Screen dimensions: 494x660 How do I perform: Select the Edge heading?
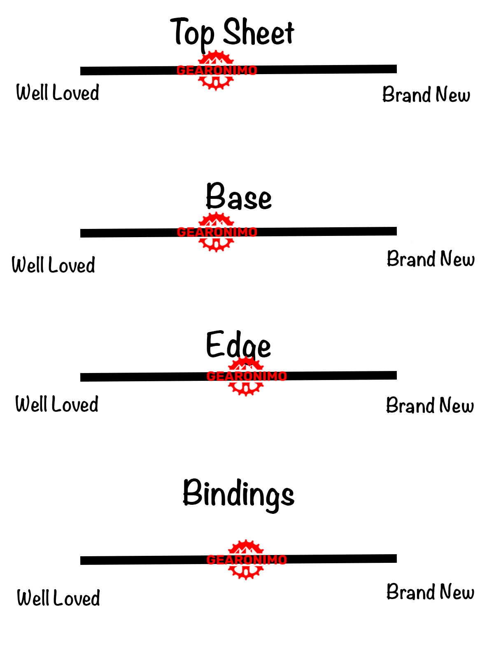238,345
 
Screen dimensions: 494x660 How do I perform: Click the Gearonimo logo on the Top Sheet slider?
217,70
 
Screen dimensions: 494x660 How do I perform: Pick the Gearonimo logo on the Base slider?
217,232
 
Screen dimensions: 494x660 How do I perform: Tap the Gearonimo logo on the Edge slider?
246,376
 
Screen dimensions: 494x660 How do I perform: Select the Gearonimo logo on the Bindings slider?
246,559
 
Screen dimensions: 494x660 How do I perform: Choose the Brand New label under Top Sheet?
426,94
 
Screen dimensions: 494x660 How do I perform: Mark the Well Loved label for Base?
53,265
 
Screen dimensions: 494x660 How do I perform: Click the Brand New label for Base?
431,259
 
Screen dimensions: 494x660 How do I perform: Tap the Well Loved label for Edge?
57,404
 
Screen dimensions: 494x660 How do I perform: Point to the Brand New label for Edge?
430,405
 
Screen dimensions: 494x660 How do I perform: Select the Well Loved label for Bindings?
58,598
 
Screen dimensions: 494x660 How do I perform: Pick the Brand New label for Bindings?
430,591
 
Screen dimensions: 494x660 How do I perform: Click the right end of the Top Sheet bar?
396,69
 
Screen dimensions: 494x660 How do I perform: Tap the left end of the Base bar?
81,233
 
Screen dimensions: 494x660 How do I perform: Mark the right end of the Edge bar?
396,375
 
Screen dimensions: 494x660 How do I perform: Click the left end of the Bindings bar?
81,560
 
